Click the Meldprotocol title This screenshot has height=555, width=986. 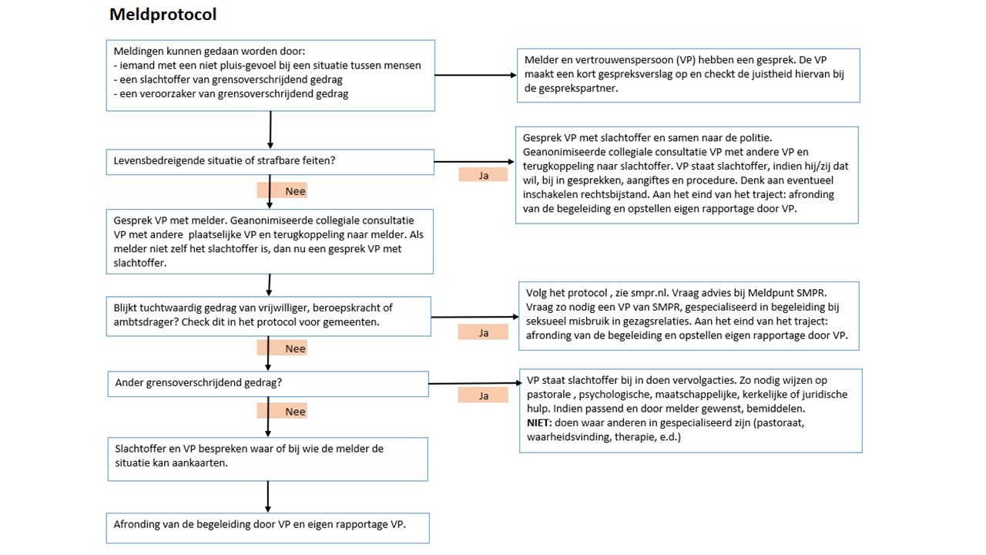pos(163,15)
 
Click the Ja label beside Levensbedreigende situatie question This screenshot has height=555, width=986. pos(483,175)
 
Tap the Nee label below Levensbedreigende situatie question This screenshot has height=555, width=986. pos(282,190)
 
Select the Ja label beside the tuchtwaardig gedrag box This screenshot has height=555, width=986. pos(483,332)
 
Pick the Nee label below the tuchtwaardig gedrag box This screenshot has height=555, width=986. pos(282,348)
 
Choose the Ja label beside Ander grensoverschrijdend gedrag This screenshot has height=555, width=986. pos(483,395)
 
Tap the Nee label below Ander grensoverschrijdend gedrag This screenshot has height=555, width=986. pos(282,411)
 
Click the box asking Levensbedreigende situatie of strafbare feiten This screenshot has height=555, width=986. pos(270,162)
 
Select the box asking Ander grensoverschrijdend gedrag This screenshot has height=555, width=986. pos(268,384)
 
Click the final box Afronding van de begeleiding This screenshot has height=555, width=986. pos(267,528)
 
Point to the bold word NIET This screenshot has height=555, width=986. pos(538,423)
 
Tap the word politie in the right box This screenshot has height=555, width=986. pos(756,138)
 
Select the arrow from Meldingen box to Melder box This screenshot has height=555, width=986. pos(476,76)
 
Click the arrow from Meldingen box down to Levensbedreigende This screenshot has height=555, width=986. pos(270,130)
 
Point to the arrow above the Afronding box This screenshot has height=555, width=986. pos(267,497)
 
